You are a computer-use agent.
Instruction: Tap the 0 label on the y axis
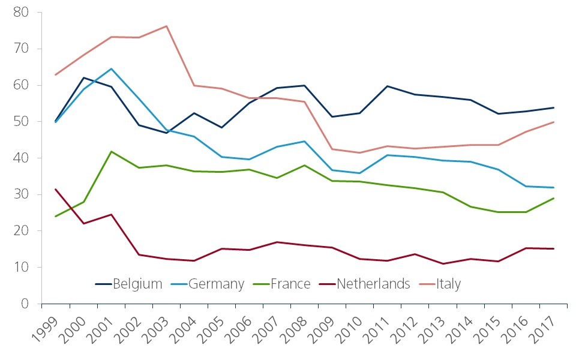pyautogui.click(x=26, y=304)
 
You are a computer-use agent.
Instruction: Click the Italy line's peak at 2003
pyautogui.click(x=166, y=26)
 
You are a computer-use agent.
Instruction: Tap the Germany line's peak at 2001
pyautogui.click(x=112, y=68)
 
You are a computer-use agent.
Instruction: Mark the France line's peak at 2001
pyautogui.click(x=112, y=151)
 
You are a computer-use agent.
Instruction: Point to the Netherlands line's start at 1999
pyautogui.click(x=55, y=190)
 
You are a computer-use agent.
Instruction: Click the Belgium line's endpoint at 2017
pyautogui.click(x=554, y=107)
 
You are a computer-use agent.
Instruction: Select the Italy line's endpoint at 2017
pyautogui.click(x=554, y=122)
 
